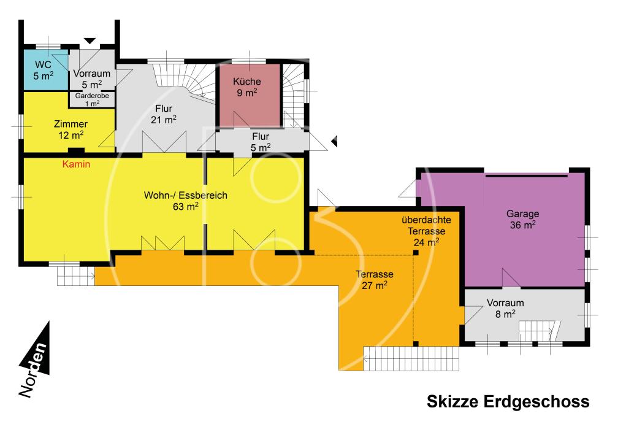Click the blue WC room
coord(45,71)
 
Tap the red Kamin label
coord(76,164)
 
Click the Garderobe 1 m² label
coord(92,99)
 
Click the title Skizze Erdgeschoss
coord(508,401)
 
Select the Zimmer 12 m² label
coord(71,129)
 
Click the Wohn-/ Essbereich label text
coord(186,195)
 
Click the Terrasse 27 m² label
coord(375,280)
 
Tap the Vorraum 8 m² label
coord(505,309)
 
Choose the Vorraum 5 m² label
coord(92,79)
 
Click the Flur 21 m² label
coord(164,114)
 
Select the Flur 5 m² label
coord(261,142)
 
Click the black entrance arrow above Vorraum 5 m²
coord(90,40)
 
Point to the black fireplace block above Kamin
coord(76,152)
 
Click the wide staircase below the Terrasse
coord(411,358)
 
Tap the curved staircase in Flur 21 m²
coord(185,80)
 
